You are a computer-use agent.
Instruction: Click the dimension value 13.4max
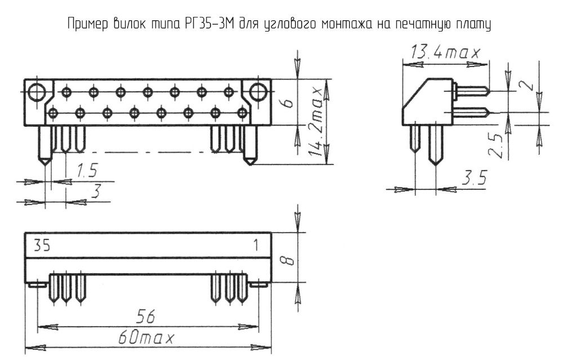[444, 54]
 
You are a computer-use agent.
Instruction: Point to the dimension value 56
[145, 317]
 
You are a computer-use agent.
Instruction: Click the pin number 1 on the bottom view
[256, 246]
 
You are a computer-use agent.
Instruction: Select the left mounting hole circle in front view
[38, 91]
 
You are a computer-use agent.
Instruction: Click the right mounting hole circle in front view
[257, 91]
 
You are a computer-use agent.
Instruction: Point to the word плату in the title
[473, 25]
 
